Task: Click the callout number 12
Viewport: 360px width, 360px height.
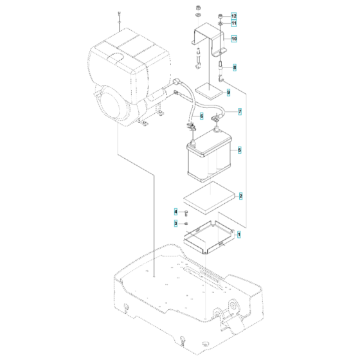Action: tap(234, 15)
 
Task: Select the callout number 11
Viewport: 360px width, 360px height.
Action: tap(234, 23)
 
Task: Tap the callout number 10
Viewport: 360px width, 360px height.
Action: tap(234, 39)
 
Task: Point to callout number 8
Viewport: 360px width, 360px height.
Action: tap(235, 67)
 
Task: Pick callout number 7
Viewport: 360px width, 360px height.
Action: tap(240, 111)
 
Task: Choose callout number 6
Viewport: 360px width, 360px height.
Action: tap(201, 116)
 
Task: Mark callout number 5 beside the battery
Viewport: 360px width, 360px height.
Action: tap(239, 150)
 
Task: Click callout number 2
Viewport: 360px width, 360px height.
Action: tap(240, 195)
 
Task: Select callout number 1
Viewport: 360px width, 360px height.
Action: tap(239, 235)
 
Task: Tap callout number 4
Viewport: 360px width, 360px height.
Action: tap(175, 211)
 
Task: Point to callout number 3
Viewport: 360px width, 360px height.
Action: tap(175, 223)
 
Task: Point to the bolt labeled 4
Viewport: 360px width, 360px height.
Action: tap(185, 212)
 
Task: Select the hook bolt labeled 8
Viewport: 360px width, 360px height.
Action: tap(221, 67)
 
